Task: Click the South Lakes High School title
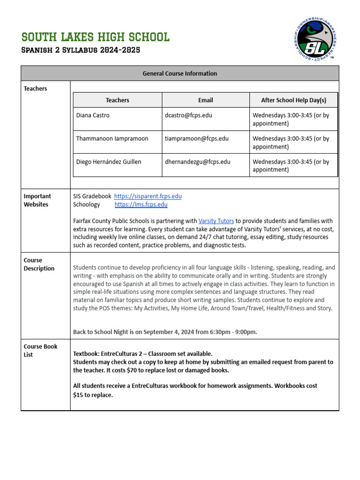96,37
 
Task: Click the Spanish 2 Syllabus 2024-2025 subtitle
81,50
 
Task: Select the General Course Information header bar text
180,74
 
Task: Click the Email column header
205,100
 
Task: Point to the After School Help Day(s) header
293,100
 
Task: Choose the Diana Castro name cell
93,115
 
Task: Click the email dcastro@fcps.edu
188,115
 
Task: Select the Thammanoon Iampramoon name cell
112,139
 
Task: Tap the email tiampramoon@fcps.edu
196,139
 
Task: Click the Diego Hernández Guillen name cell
108,162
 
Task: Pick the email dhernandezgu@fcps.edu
197,162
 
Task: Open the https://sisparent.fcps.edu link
148,196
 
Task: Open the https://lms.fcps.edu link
141,204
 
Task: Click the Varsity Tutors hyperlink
216,221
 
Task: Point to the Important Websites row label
37,200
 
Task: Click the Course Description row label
39,264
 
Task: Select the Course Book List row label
40,351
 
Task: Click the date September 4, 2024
173,332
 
